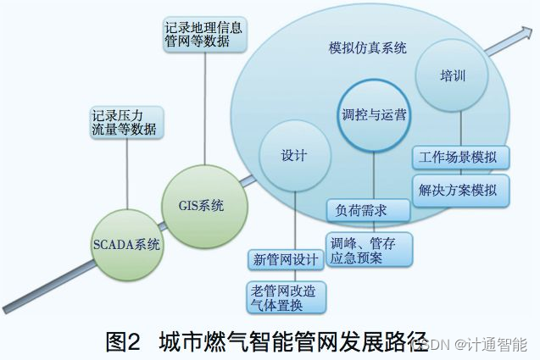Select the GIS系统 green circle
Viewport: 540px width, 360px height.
(x=202, y=205)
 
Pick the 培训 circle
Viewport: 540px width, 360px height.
(x=454, y=76)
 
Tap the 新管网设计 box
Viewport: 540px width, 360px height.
(x=284, y=258)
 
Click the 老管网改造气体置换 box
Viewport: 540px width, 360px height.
(x=284, y=296)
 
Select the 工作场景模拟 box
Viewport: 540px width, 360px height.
(x=460, y=158)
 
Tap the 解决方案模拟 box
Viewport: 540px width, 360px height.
(x=460, y=190)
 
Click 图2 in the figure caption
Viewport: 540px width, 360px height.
(x=123, y=341)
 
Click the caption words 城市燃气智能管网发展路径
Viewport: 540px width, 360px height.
(x=292, y=341)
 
